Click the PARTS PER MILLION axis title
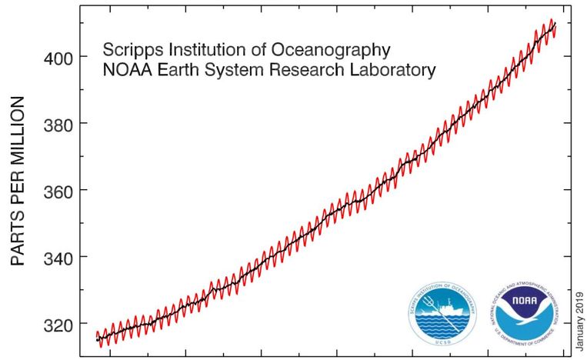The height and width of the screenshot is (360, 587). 18,182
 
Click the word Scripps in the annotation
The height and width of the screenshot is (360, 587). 129,51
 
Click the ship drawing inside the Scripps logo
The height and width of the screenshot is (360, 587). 442,310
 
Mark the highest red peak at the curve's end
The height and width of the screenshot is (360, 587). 552,20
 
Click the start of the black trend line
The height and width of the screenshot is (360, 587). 97,339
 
